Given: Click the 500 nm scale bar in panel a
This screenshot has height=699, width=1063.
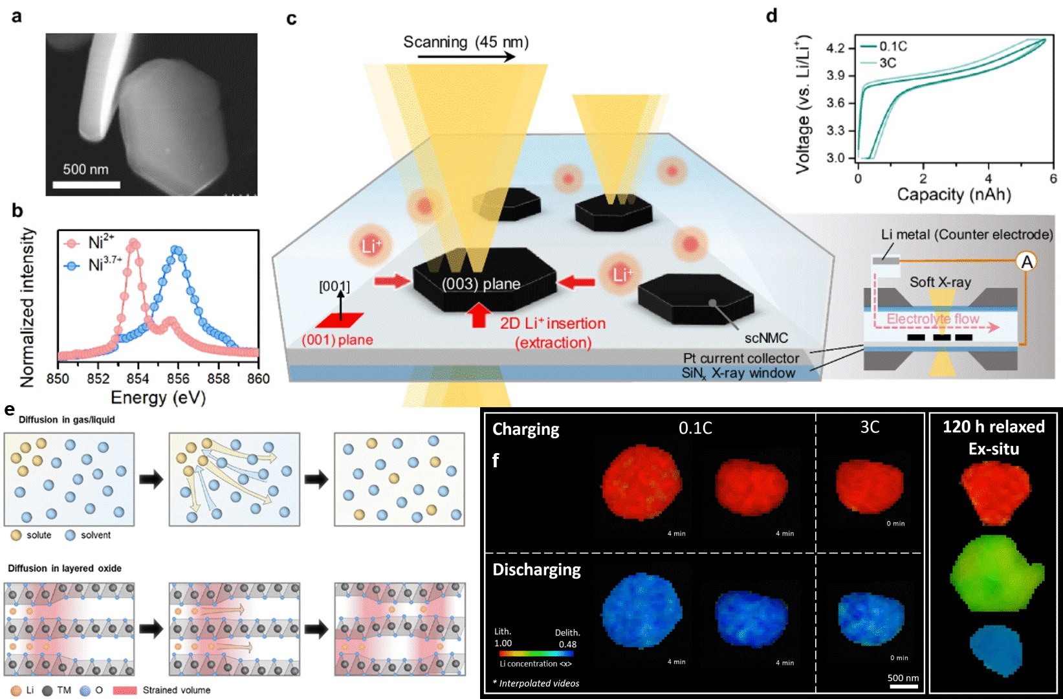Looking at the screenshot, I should [x=86, y=184].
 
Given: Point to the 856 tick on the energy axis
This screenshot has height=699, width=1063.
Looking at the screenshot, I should [x=178, y=379].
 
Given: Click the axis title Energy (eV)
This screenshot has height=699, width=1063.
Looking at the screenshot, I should [x=158, y=397].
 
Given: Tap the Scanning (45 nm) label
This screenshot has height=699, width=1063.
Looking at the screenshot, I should [x=466, y=43].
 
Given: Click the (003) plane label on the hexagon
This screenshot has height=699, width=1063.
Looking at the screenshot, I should [x=481, y=284].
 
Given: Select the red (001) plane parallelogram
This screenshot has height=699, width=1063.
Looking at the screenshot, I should [x=340, y=320].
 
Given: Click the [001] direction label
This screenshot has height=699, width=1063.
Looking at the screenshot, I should [x=334, y=286].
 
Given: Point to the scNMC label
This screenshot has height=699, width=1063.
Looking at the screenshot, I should [x=766, y=338].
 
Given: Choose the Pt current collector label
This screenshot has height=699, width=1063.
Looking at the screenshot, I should [x=741, y=358].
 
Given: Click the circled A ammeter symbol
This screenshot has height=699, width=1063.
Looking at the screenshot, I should [x=1026, y=261].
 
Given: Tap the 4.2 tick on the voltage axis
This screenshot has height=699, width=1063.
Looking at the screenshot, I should [x=835, y=48].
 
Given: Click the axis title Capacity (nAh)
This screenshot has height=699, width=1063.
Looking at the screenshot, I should [x=954, y=194].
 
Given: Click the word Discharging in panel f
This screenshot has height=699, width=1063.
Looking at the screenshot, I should [x=536, y=570].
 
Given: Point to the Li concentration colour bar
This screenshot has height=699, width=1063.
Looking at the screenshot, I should [x=536, y=654].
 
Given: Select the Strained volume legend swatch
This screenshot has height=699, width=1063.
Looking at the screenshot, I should [x=125, y=690].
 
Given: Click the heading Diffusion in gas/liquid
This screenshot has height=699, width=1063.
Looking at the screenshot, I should [x=67, y=419].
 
